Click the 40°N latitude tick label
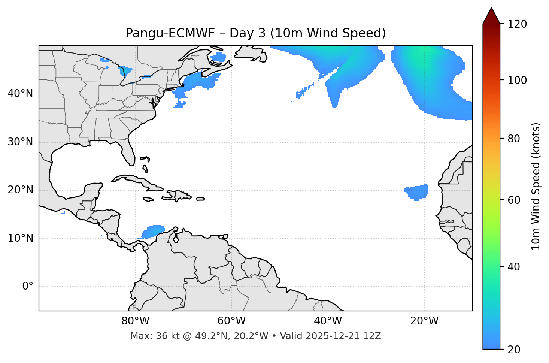coord(20,94)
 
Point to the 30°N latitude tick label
coord(20,142)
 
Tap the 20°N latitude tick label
coord(20,190)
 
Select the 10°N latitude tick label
coord(20,238)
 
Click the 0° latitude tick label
coord(28,287)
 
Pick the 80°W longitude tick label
coord(135,321)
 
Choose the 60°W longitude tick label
coord(231,321)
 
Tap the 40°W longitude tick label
coord(328,321)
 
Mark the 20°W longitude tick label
coord(424,321)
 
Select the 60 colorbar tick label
coord(513,200)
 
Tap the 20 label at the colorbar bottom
coord(513,350)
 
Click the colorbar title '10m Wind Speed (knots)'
coord(536,186)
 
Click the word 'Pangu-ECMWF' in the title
coord(170,33)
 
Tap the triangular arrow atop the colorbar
coord(491,16)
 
